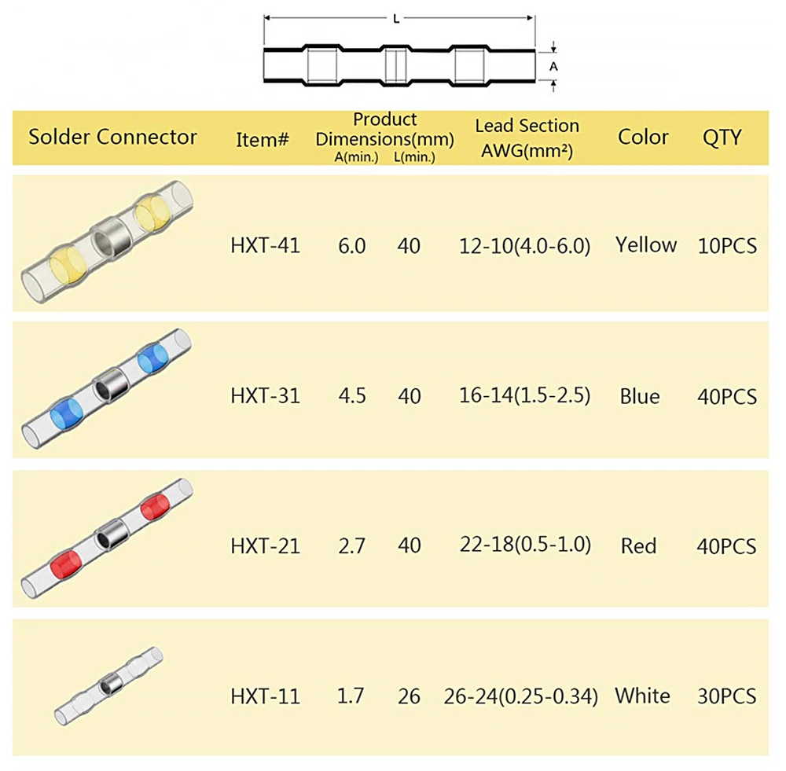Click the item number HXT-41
[x=265, y=246]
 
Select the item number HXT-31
[x=265, y=396]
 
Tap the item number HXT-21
[x=265, y=545]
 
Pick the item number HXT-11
[x=265, y=696]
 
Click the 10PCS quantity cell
[x=727, y=246]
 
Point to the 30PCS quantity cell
[x=727, y=696]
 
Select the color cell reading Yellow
[x=646, y=245]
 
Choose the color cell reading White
[x=642, y=696]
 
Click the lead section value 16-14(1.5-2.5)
[x=525, y=395]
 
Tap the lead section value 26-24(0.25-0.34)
[x=520, y=696]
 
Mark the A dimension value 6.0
[x=351, y=246]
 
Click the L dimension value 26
[x=409, y=696]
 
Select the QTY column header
[x=722, y=138]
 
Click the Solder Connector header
[x=112, y=137]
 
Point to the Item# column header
[x=263, y=140]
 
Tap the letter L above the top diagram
[x=396, y=19]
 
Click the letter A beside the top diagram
[x=553, y=67]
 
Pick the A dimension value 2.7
[x=351, y=545]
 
